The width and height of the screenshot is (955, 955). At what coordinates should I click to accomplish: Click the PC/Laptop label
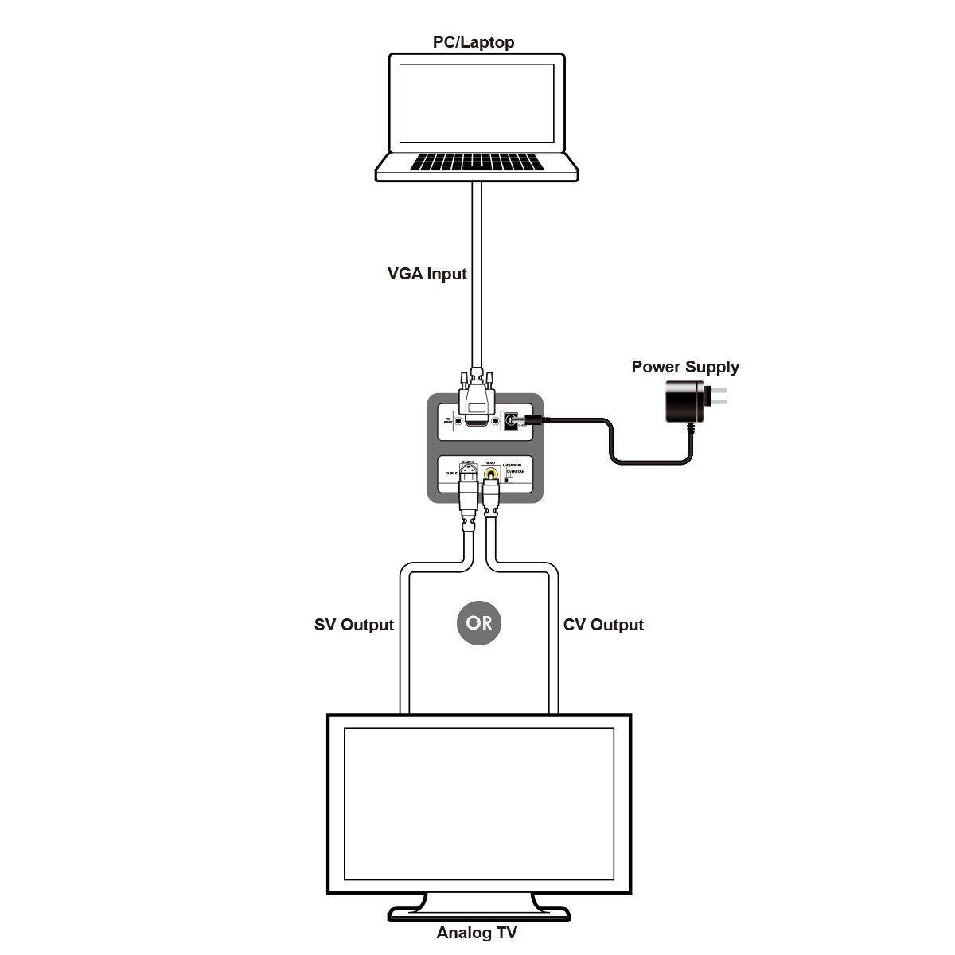pyautogui.click(x=474, y=42)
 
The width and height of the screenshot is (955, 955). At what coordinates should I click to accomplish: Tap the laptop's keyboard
pyautogui.click(x=477, y=162)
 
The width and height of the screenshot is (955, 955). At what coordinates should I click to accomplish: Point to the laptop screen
pyautogui.click(x=477, y=103)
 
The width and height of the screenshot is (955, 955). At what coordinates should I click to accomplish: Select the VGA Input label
pyautogui.click(x=427, y=274)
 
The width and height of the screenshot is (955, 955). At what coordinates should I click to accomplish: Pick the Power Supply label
pyautogui.click(x=685, y=367)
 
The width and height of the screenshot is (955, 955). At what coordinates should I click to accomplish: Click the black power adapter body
pyautogui.click(x=684, y=401)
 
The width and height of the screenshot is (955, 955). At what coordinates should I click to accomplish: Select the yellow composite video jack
pyautogui.click(x=492, y=475)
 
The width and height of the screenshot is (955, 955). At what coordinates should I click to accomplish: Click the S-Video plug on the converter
pyautogui.click(x=470, y=493)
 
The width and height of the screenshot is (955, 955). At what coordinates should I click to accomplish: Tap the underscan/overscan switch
pyautogui.click(x=509, y=479)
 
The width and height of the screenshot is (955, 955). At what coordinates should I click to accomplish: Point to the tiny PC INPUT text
pyautogui.click(x=447, y=420)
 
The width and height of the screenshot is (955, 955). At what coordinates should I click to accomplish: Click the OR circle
pyautogui.click(x=479, y=623)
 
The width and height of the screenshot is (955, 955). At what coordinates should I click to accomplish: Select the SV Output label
pyautogui.click(x=354, y=625)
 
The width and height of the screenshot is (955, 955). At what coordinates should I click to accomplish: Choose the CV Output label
pyautogui.click(x=603, y=625)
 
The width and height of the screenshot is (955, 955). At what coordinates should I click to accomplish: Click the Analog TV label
pyautogui.click(x=477, y=933)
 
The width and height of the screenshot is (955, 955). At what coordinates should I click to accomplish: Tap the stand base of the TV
pyautogui.click(x=479, y=913)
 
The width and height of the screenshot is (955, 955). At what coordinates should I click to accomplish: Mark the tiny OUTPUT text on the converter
pyautogui.click(x=451, y=473)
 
